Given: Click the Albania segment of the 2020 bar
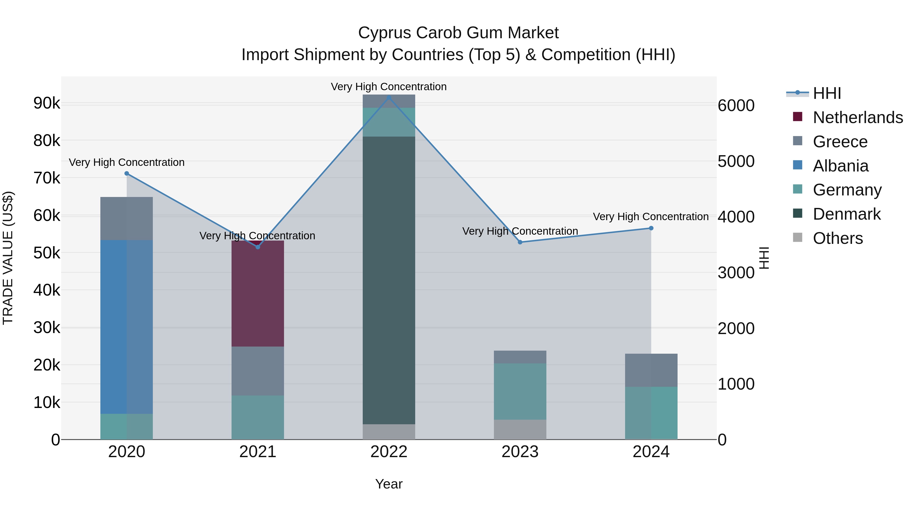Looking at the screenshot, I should click(126, 327).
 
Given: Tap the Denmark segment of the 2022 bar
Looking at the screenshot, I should click(389, 280).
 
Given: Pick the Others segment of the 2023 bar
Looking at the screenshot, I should click(520, 429).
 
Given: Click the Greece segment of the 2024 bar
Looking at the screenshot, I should click(651, 370).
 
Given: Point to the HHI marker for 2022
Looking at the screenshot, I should click(389, 98).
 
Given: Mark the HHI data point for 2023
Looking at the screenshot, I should click(520, 242).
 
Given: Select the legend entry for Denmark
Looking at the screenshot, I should click(846, 214).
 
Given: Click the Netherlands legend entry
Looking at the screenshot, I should click(857, 117).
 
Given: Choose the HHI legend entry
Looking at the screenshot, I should click(827, 93).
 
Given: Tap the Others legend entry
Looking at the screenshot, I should click(837, 238).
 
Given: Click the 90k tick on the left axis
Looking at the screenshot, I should click(47, 103).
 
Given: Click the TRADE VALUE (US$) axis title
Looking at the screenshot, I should click(8, 258).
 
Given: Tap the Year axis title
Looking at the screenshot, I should click(389, 484).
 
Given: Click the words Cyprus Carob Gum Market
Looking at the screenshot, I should click(458, 33).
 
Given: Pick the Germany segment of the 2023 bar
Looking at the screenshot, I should click(520, 391).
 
